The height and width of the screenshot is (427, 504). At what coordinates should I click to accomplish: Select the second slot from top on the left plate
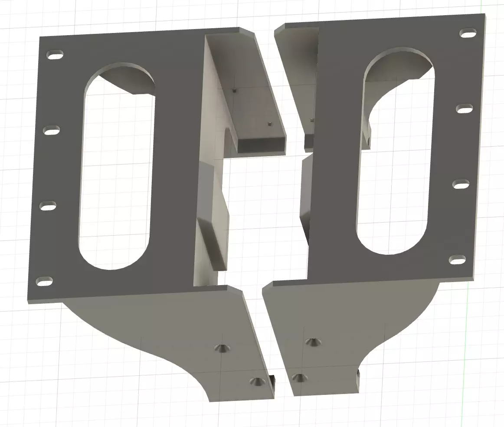pyautogui.click(x=52, y=130)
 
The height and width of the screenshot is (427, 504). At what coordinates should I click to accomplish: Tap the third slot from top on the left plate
pyautogui.click(x=48, y=206)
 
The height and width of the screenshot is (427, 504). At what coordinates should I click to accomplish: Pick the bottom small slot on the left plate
pyautogui.click(x=44, y=281)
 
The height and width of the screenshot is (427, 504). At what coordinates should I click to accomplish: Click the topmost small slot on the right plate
pyautogui.click(x=468, y=33)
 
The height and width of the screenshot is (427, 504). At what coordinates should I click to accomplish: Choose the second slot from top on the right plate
pyautogui.click(x=465, y=108)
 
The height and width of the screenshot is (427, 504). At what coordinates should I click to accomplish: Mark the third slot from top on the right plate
pyautogui.click(x=461, y=185)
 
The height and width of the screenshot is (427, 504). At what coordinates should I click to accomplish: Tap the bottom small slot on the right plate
pyautogui.click(x=458, y=260)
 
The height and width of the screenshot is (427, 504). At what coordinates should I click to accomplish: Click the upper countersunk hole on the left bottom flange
pyautogui.click(x=222, y=348)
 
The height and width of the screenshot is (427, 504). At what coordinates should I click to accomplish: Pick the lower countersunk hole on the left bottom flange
pyautogui.click(x=258, y=381)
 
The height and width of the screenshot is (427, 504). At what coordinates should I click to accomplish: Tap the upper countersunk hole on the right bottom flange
pyautogui.click(x=313, y=342)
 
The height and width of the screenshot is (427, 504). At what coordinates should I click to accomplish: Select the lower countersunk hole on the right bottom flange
pyautogui.click(x=299, y=378)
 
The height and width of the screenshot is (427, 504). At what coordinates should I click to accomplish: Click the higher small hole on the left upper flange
pyautogui.click(x=234, y=90)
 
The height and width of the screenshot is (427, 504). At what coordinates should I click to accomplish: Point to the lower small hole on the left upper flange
pyautogui.click(x=269, y=123)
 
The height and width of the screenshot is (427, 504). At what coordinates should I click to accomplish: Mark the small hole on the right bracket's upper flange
pyautogui.click(x=311, y=120)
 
